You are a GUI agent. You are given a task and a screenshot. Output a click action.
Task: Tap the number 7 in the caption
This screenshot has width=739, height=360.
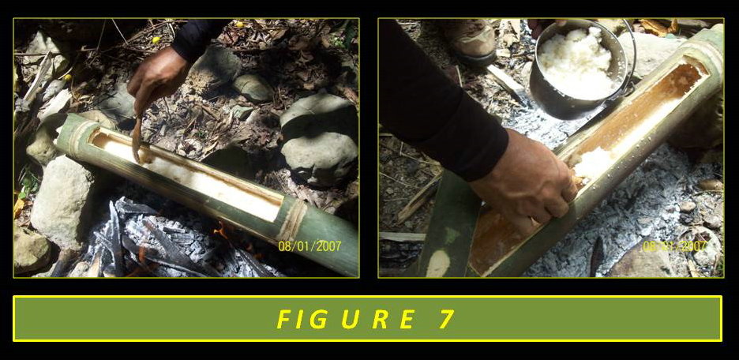tap(447, 319)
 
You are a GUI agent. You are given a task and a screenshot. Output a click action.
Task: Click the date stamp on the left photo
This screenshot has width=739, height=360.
tap(309, 246)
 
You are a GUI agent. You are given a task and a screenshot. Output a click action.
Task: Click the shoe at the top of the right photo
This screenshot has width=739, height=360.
tap(472, 39)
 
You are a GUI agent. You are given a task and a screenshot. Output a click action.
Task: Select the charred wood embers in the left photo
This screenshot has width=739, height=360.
tap(158, 245)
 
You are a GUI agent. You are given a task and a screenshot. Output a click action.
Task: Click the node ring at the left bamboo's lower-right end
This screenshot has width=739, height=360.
tap(294, 220)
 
